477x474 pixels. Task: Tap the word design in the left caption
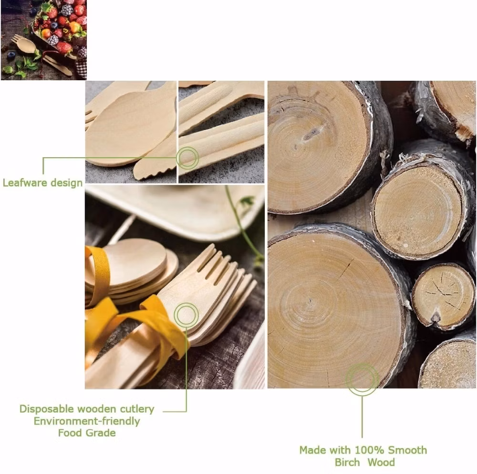(67, 183)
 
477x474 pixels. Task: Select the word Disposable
(47, 409)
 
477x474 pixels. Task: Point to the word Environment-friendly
(87, 421)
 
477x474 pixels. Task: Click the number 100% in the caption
(370, 450)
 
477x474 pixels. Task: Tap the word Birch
(347, 462)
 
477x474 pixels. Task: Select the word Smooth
(408, 450)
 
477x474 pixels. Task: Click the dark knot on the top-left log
(311, 134)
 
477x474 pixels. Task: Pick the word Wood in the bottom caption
(381, 462)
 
